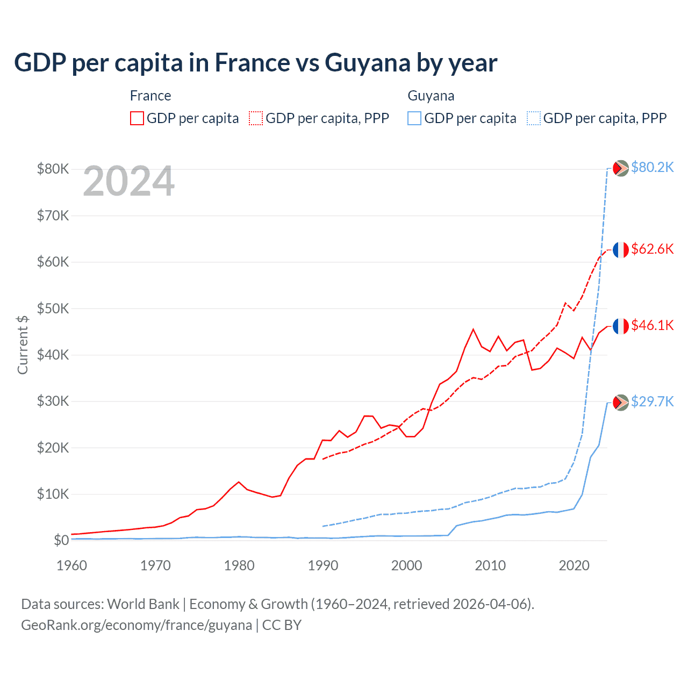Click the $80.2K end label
point(652,168)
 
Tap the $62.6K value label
point(652,249)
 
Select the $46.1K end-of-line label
point(652,326)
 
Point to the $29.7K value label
point(652,402)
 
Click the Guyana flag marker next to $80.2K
point(621,168)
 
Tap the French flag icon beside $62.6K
point(621,249)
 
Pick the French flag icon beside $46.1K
point(621,326)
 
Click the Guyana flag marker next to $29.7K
point(621,402)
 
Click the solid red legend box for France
point(137,118)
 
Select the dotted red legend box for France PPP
point(256,118)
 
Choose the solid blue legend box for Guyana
point(414,118)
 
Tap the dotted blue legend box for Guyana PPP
point(534,118)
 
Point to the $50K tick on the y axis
point(53,309)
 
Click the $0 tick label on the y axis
point(61,540)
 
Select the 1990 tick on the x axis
point(323,565)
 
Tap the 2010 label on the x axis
point(490,565)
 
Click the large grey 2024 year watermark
point(129,182)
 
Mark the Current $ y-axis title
point(23,345)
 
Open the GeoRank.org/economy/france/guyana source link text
point(137,625)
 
